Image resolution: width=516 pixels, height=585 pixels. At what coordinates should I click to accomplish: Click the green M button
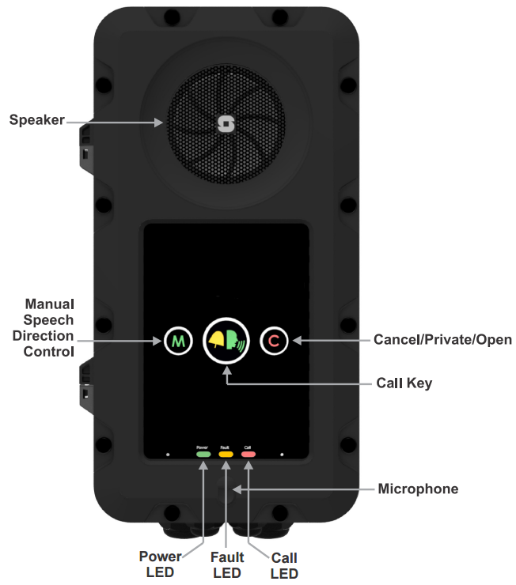(178, 342)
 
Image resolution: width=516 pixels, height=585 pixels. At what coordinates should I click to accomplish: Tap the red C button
(274, 342)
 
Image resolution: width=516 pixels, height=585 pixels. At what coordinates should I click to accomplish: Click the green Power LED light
(203, 455)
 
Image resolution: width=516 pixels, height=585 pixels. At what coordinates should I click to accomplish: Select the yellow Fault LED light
(226, 455)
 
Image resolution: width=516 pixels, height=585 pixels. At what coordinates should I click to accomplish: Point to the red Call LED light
(248, 455)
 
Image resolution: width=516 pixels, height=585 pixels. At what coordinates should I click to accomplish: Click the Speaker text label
(36, 121)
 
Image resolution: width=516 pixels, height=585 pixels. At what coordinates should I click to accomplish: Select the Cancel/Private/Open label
(442, 340)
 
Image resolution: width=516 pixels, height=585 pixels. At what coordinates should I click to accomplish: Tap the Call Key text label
(404, 383)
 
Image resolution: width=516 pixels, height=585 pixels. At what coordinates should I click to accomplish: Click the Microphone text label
(418, 489)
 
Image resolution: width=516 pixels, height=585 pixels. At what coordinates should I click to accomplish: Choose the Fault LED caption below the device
(227, 564)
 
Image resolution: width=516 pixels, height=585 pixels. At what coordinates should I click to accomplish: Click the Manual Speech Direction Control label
(48, 326)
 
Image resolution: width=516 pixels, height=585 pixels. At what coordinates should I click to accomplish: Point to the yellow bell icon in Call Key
(217, 340)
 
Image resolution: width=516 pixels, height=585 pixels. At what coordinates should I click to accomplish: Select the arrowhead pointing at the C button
(295, 341)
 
